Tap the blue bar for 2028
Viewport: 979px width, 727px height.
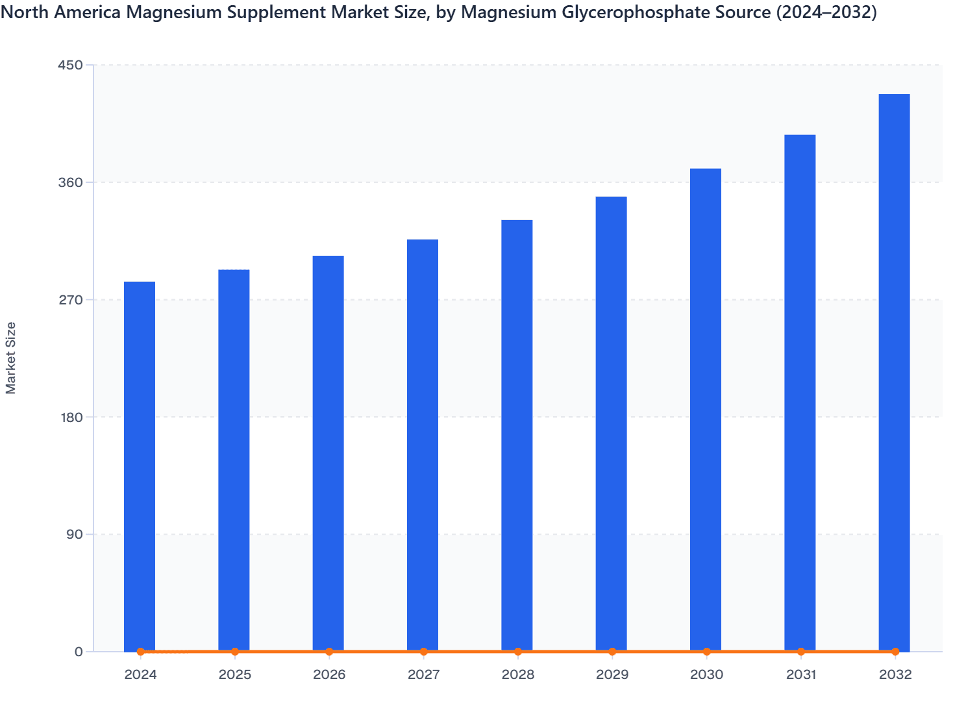[517, 435]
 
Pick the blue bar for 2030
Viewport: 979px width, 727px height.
[706, 409]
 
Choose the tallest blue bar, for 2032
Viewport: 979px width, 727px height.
[894, 373]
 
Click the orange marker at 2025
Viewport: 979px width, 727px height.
[235, 651]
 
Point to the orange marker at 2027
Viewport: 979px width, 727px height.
[423, 651]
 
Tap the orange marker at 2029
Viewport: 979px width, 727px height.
[612, 651]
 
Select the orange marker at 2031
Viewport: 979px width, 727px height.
[801, 651]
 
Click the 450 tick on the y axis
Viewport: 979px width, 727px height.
[71, 65]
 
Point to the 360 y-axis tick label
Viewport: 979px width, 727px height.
[71, 182]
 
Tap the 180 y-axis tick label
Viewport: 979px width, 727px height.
[71, 417]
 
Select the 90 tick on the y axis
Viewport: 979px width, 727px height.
[74, 534]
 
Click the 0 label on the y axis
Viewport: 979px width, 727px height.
[79, 652]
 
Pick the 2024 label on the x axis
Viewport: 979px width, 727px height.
[140, 674]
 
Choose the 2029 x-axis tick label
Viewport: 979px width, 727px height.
[612, 674]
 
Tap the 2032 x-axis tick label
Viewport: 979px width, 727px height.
[895, 674]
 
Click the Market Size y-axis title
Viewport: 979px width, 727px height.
[11, 358]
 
